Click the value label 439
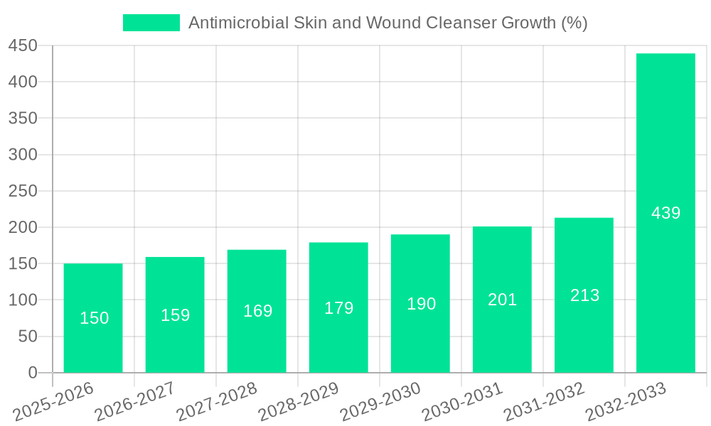(x=665, y=213)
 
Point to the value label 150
(x=94, y=318)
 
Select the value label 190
(x=421, y=304)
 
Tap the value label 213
(x=584, y=295)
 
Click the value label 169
(x=257, y=311)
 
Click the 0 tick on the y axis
(x=32, y=373)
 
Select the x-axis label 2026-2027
(x=135, y=402)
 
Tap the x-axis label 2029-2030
(x=380, y=402)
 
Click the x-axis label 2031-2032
(x=544, y=402)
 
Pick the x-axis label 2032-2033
(x=626, y=402)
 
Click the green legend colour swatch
(x=151, y=23)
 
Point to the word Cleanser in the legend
(x=461, y=23)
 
